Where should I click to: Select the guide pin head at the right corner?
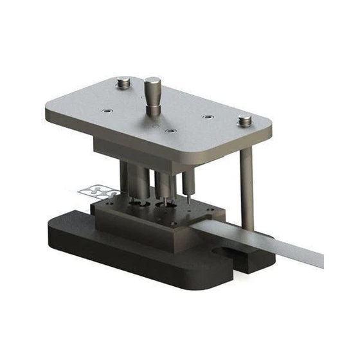[244, 120]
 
